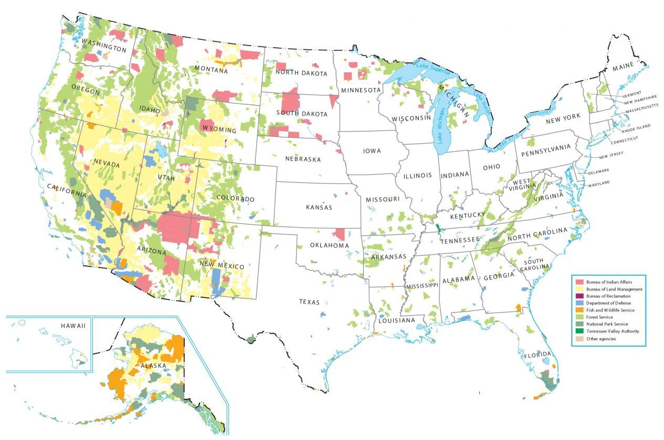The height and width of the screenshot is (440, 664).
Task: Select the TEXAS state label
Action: click(309, 302)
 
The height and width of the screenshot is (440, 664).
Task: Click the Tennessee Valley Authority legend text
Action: click(613, 331)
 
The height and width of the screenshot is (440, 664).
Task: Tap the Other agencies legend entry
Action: click(601, 339)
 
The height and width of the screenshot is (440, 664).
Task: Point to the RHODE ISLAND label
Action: click(636, 126)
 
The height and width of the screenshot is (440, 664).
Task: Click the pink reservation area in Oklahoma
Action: click(339, 234)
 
